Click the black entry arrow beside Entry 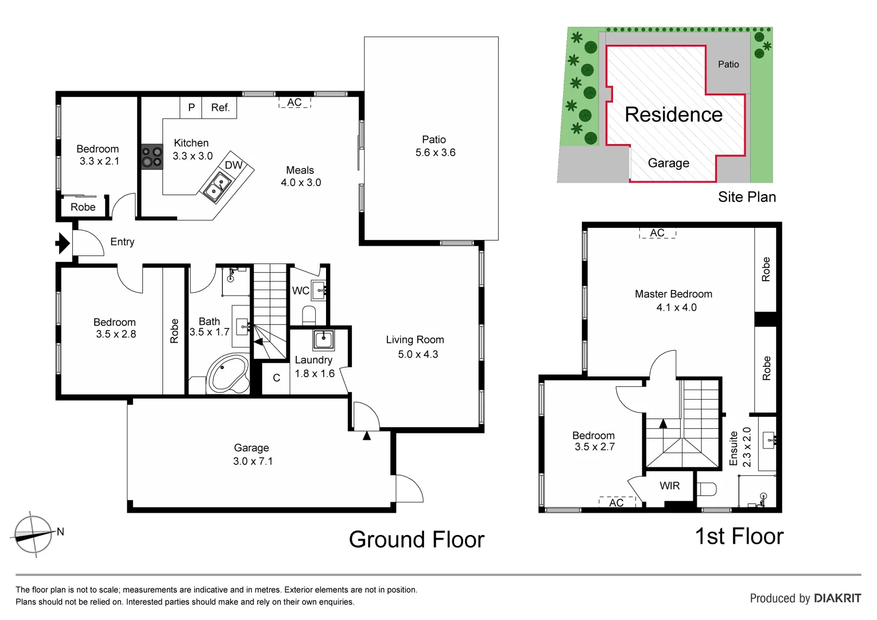(x=62, y=243)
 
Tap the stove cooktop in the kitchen (x=152, y=157)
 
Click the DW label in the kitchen (x=233, y=165)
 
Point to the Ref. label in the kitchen (x=220, y=107)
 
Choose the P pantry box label (x=191, y=107)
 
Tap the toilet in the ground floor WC (x=309, y=315)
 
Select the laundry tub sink (x=323, y=340)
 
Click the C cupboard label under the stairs (x=276, y=378)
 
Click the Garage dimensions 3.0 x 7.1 (x=253, y=461)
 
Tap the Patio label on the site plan (x=728, y=64)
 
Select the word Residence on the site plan (x=673, y=114)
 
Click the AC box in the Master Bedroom (x=657, y=233)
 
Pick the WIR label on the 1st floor (x=669, y=486)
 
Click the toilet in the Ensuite (x=707, y=489)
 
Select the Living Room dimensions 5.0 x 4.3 (x=417, y=354)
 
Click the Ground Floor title (x=416, y=540)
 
